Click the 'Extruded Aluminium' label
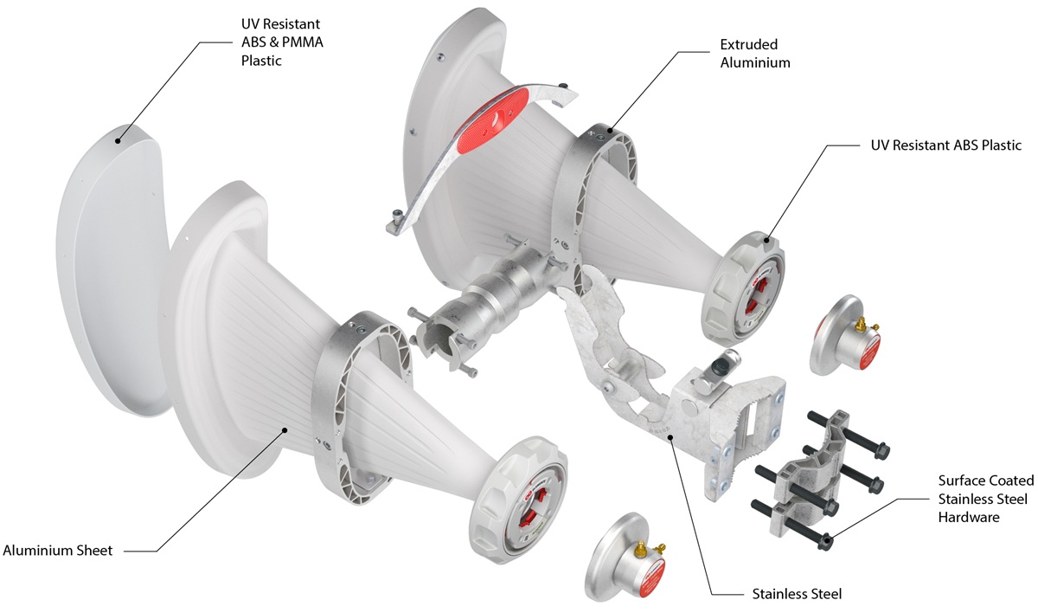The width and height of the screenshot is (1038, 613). tap(755, 54)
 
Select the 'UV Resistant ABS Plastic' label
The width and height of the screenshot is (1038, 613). tap(945, 145)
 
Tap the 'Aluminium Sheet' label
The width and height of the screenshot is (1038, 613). tap(57, 551)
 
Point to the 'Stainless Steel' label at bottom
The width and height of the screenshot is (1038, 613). tap(797, 594)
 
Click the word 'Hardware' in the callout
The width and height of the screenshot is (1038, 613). tap(969, 517)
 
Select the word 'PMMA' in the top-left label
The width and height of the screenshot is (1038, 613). tap(302, 42)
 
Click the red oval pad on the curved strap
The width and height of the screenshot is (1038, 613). tap(492, 120)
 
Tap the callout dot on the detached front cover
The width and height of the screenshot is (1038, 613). tap(118, 141)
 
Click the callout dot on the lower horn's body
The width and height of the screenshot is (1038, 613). tap(285, 429)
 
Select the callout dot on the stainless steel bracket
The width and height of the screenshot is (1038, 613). tap(670, 436)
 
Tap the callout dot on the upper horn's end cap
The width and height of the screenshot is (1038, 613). tap(766, 240)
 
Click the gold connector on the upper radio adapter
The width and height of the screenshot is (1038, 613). tap(862, 324)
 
